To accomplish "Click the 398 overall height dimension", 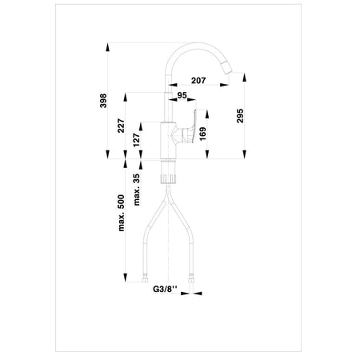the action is tap(103, 101).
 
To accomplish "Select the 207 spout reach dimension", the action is tap(198, 80).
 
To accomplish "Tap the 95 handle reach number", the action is tap(182, 95).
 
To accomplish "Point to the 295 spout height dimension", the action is tap(240, 115).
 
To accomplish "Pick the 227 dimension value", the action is tap(121, 126).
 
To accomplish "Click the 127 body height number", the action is tap(137, 140).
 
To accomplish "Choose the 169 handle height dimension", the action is tap(202, 134).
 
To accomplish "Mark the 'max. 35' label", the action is tap(137, 190).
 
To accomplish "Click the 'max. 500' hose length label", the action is tap(121, 213).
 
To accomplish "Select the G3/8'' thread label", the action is tap(165, 289).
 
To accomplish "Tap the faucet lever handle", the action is tap(189, 126).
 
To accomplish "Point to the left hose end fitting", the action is tap(145, 278).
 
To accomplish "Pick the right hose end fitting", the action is tap(191, 278).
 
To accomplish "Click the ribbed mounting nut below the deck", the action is tap(169, 179).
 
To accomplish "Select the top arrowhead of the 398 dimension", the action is tap(107, 47).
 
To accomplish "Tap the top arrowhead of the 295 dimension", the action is tap(245, 77).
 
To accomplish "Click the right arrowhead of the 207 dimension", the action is tap(224, 85).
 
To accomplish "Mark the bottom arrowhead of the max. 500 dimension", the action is tap(125, 278).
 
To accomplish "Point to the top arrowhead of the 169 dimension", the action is tap(207, 114).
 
